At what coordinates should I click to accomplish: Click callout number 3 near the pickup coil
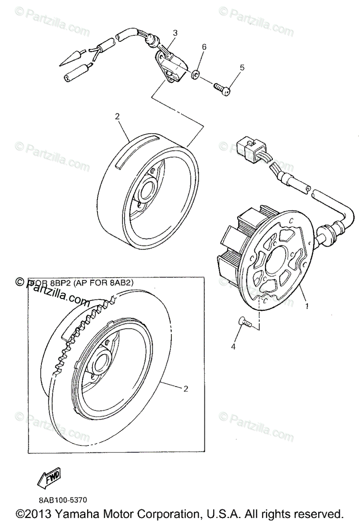pos(175,33)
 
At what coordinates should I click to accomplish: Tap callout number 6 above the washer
pos(204,47)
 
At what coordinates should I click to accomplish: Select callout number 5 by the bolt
pos(242,68)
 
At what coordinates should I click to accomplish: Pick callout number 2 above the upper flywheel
pos(117,116)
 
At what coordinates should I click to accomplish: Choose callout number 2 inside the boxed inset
pos(186,389)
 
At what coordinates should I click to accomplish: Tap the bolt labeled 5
pos(221,89)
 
